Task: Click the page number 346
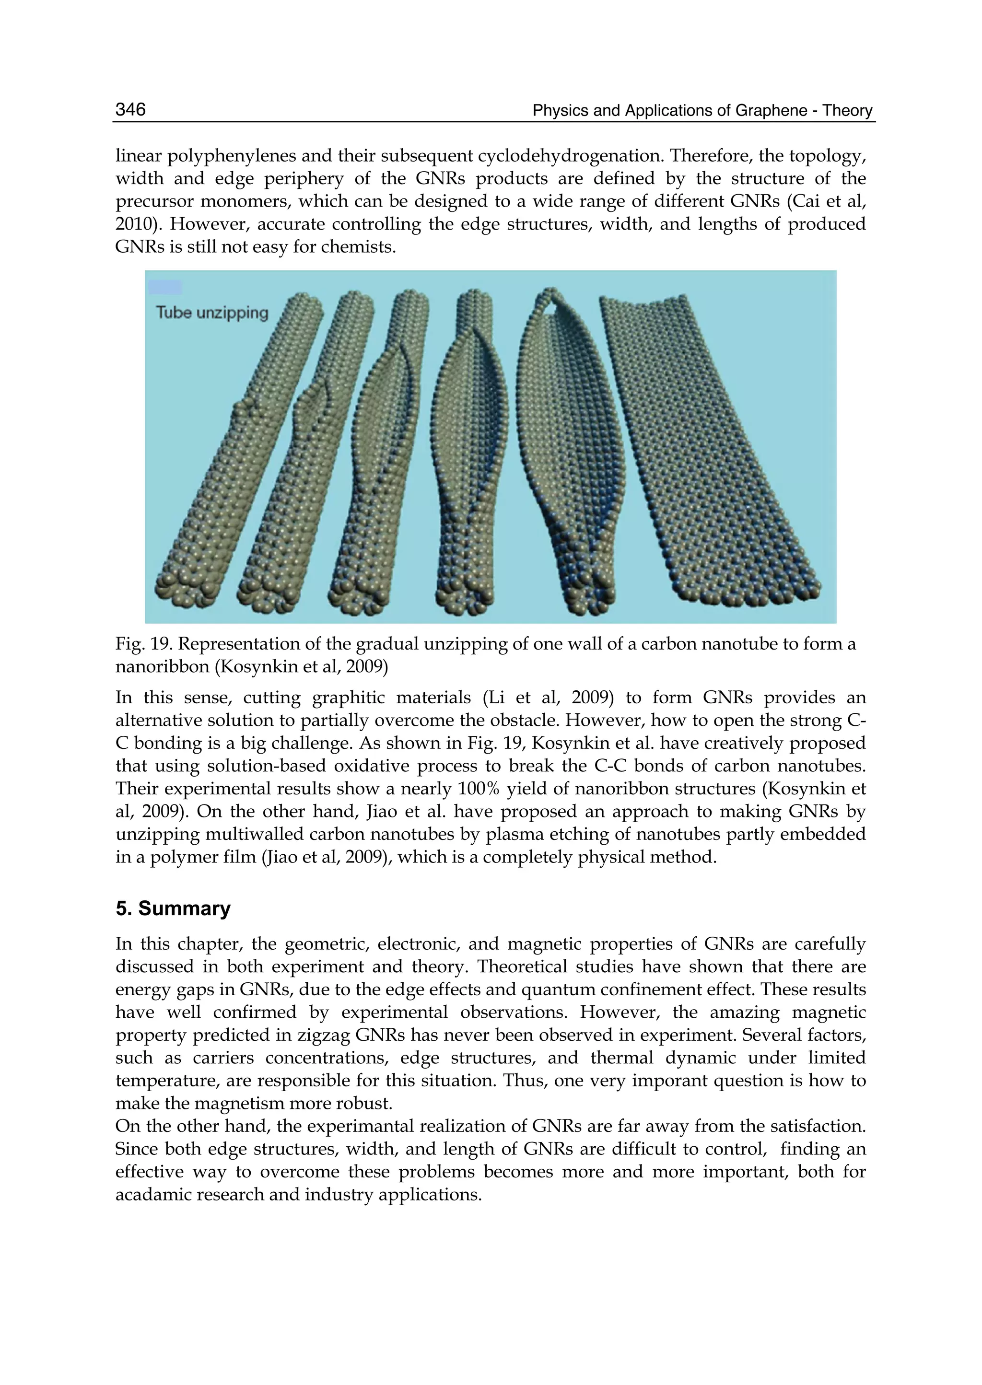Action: coord(130,109)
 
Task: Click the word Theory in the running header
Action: coord(848,111)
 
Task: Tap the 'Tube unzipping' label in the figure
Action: coord(211,313)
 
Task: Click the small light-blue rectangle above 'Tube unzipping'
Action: coord(164,287)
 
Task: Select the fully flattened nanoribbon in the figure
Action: coord(707,447)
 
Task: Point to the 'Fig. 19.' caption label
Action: coord(143,644)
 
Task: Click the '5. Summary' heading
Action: coord(173,908)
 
